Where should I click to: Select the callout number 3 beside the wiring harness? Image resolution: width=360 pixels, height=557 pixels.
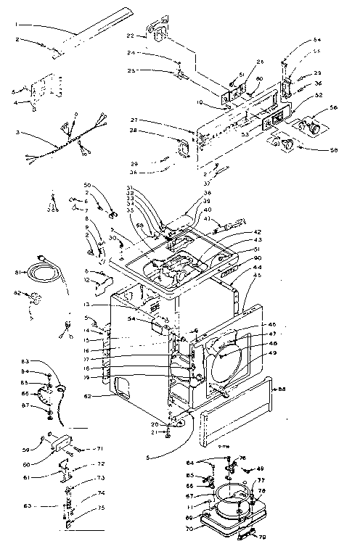(17, 133)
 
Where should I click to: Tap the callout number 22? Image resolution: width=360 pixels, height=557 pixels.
(131, 36)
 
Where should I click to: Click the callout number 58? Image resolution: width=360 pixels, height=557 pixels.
(333, 149)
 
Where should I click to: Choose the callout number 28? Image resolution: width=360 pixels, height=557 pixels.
(153, 131)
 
